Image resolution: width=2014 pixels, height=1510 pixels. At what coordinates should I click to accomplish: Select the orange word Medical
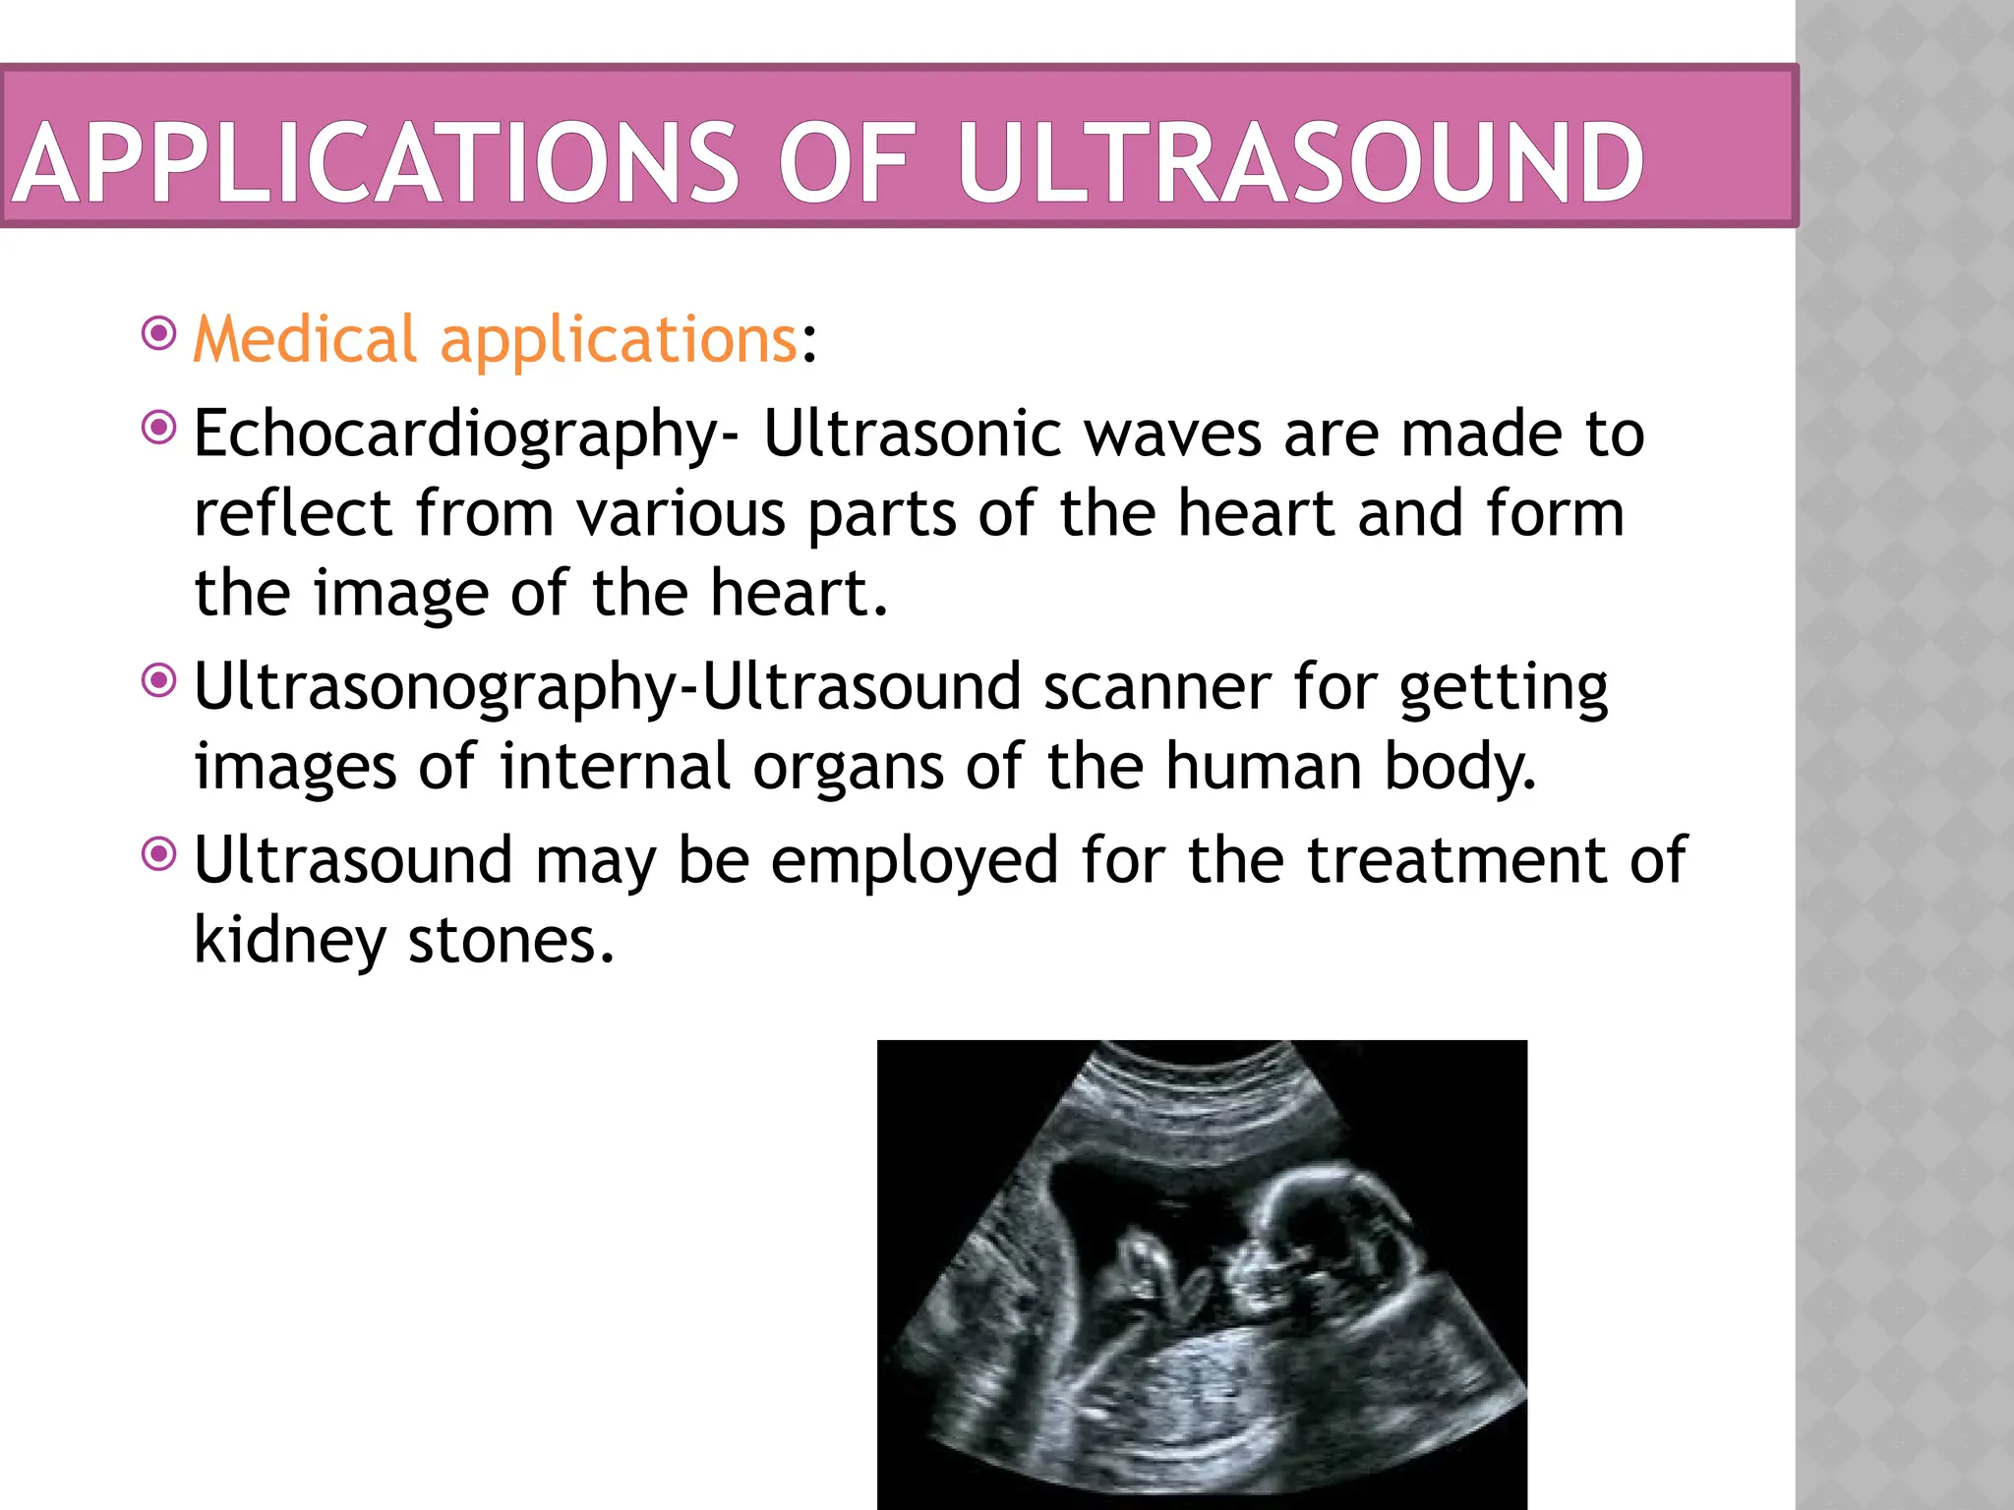coord(305,339)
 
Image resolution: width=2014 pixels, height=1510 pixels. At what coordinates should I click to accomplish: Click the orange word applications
coord(618,339)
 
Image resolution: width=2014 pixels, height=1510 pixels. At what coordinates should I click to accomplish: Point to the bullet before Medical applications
coord(158,333)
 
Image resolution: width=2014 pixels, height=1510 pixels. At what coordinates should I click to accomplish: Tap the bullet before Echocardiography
coord(158,428)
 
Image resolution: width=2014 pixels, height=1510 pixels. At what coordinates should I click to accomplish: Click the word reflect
coord(293,513)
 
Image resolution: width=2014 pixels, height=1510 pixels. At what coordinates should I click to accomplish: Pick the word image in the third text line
coord(400,593)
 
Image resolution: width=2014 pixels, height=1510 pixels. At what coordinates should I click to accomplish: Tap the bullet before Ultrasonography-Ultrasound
coord(158,680)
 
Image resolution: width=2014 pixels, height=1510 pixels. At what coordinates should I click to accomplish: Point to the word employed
coord(914,860)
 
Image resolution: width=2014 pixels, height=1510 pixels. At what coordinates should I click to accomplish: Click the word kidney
coord(289,941)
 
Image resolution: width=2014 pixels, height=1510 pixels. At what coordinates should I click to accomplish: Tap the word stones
coord(510,941)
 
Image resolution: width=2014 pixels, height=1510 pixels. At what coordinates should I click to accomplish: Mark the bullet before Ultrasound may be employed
coord(158,854)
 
